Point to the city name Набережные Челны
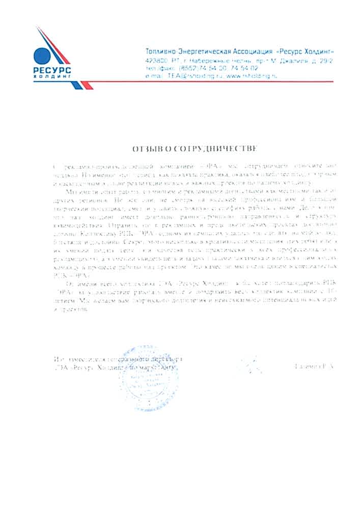pos(211,60)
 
